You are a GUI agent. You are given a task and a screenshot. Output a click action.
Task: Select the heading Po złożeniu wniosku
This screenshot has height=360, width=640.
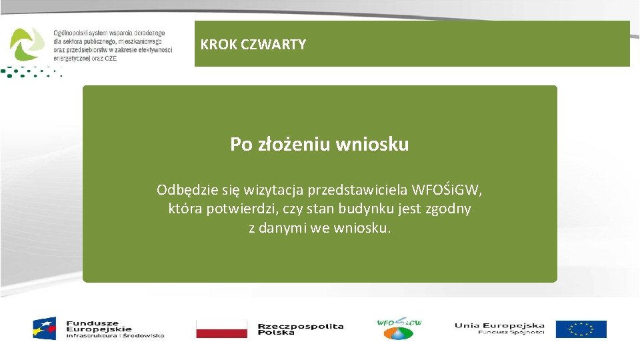click(319, 144)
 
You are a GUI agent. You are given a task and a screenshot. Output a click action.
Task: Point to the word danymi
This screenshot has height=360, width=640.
click(283, 228)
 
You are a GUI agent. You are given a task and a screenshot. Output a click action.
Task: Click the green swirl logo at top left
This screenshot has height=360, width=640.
click(27, 44)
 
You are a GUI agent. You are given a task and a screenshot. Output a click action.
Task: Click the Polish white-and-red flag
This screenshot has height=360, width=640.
click(221, 329)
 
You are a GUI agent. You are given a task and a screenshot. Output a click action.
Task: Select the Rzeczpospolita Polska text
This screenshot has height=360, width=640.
click(300, 329)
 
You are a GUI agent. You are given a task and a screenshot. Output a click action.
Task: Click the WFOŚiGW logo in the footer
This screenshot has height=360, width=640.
click(399, 327)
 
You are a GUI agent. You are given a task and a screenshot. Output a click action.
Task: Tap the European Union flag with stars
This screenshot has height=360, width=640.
click(581, 329)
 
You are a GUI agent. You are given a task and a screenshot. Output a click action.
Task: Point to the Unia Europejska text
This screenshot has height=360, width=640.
click(499, 325)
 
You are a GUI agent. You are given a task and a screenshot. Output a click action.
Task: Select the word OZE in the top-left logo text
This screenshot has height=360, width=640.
click(110, 58)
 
